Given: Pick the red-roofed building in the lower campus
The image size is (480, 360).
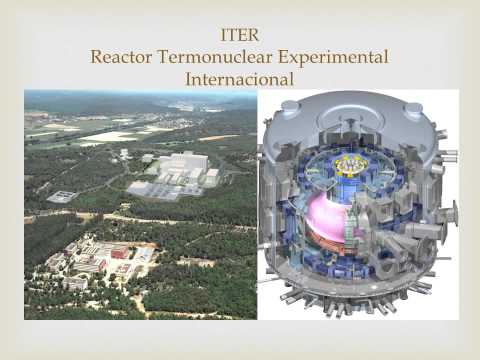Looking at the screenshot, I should click(x=120, y=250).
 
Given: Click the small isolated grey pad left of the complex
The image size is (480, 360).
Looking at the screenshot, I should click(x=62, y=196).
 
